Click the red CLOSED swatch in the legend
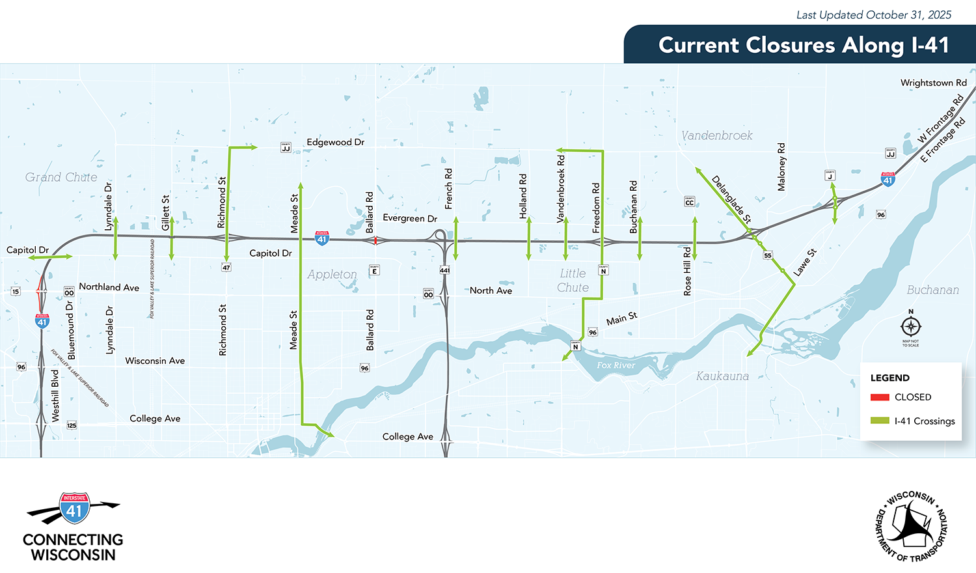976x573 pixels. click(880, 397)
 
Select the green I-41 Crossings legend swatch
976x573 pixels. click(880, 421)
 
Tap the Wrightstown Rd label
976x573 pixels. click(933, 83)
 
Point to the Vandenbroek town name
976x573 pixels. click(716, 135)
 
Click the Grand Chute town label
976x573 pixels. click(61, 177)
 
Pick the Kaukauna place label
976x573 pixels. click(722, 376)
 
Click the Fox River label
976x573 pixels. click(616, 365)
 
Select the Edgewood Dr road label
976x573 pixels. click(335, 142)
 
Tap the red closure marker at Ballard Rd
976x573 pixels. click(375, 240)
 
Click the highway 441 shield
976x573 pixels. click(445, 270)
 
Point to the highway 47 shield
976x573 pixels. click(226, 268)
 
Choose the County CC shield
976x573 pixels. click(689, 202)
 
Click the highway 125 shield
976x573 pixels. click(72, 425)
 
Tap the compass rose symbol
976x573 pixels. click(910, 326)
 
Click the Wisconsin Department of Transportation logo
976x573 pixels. click(910, 526)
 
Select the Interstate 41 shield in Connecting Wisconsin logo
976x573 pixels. click(74, 509)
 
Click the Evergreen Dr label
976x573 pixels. click(410, 218)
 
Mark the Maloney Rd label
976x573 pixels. click(781, 167)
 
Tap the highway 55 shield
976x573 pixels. click(768, 255)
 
